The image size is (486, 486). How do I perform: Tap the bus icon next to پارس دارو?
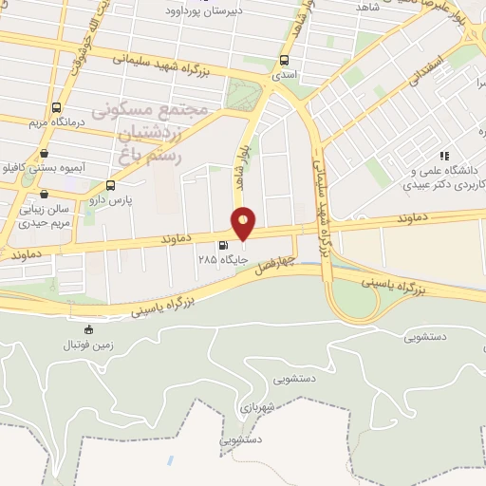[112, 185]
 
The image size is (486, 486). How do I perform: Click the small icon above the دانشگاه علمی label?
[442, 155]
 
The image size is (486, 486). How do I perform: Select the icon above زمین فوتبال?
[89, 329]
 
